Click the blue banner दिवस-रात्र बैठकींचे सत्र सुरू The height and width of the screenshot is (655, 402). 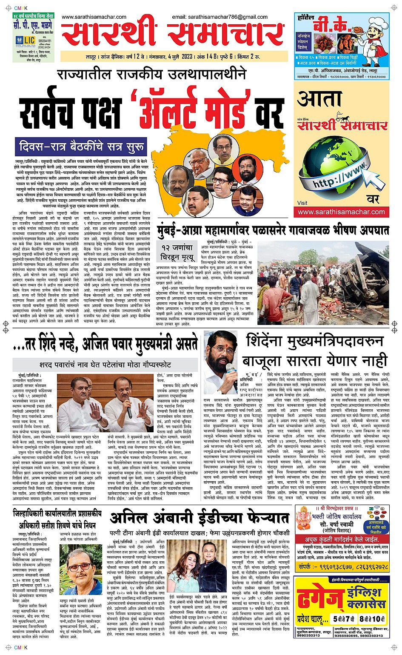click(81, 147)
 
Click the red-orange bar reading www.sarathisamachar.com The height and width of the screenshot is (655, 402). click(341, 212)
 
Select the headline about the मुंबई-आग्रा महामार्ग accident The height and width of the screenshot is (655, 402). click(272, 230)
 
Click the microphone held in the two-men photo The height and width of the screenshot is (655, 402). click(129, 412)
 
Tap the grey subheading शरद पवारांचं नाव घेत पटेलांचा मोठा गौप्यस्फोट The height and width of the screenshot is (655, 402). click(105, 365)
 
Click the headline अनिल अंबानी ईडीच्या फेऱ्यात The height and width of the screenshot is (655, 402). click(200, 518)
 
